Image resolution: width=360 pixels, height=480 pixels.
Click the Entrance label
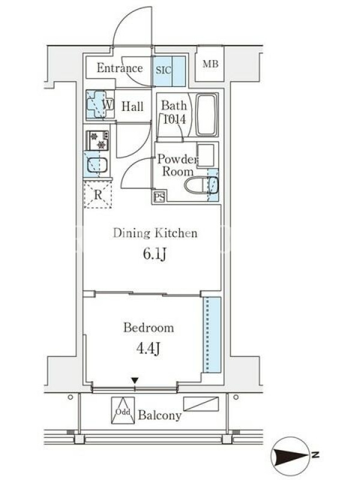pos(119,68)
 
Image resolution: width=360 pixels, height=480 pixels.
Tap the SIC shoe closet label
pos(163,70)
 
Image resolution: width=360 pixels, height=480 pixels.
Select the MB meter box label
pos(211,64)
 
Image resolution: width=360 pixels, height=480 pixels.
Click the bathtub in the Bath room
pos(206,115)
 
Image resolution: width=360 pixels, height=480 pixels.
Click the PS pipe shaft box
pos(159,196)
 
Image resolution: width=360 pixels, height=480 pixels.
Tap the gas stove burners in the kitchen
pos(98,140)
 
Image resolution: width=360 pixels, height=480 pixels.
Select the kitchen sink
pos(97,166)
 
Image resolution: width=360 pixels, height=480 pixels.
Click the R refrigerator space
pos(98,194)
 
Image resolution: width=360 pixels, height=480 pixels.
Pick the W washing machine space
pos(100,104)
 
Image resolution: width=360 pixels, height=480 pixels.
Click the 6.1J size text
pos(155,254)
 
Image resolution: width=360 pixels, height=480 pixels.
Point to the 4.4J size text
pos(148,349)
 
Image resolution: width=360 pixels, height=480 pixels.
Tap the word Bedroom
pos(149,328)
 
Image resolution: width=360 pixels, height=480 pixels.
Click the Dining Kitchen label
pos(155,233)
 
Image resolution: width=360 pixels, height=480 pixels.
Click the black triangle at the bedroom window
pos(134,380)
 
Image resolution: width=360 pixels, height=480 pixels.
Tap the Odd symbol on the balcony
pos(123,410)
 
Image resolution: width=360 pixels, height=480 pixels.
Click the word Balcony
pos(160,415)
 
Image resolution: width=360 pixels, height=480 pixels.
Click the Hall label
pos(133,107)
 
